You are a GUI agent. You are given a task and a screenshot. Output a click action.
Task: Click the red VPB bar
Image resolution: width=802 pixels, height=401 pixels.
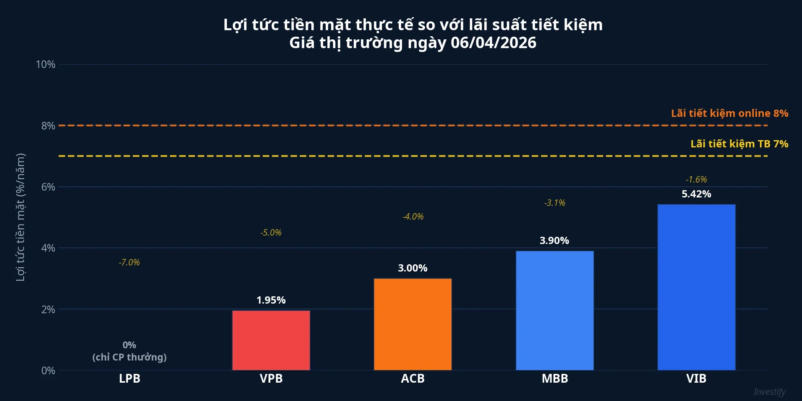271,340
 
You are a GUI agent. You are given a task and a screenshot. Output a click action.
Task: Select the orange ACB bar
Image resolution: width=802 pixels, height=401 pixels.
413,324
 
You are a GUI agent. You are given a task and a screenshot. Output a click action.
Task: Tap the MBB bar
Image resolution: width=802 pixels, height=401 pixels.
555,310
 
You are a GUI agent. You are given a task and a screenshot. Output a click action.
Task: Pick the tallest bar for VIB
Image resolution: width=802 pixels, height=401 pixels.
696,287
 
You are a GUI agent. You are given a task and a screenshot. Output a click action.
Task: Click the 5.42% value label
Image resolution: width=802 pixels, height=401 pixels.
696,194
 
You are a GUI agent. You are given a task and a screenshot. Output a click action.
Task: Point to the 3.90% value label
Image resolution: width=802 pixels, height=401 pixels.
554,241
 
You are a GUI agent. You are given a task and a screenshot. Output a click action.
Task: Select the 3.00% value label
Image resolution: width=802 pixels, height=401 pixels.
412,268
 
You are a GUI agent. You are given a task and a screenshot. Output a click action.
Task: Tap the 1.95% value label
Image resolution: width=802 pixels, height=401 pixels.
271,300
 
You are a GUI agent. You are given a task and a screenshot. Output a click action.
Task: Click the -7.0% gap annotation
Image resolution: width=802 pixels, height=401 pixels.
129,262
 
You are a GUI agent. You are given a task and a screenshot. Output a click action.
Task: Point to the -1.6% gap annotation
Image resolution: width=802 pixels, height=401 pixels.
696,179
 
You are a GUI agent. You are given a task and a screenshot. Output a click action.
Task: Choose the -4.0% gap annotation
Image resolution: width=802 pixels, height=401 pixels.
413,217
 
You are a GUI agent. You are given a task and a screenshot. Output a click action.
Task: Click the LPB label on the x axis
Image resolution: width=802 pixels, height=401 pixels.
129,378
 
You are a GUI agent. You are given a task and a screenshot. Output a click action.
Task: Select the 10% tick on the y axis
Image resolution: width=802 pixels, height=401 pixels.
45,64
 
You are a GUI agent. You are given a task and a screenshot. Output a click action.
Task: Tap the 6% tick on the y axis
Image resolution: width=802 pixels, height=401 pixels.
48,187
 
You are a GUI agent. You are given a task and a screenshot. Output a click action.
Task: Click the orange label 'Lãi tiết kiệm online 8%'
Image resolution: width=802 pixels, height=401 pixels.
729,113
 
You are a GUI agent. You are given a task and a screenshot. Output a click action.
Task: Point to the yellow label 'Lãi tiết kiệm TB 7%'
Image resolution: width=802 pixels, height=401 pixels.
739,144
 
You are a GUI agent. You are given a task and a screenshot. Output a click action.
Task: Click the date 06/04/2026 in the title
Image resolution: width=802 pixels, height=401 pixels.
493,43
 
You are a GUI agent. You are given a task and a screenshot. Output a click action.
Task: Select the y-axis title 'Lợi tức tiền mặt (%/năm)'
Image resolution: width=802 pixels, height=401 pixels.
20,217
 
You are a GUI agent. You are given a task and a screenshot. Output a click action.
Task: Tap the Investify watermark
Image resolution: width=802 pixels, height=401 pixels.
770,392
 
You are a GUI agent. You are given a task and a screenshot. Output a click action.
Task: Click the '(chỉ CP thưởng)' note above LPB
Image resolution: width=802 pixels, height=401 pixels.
129,357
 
